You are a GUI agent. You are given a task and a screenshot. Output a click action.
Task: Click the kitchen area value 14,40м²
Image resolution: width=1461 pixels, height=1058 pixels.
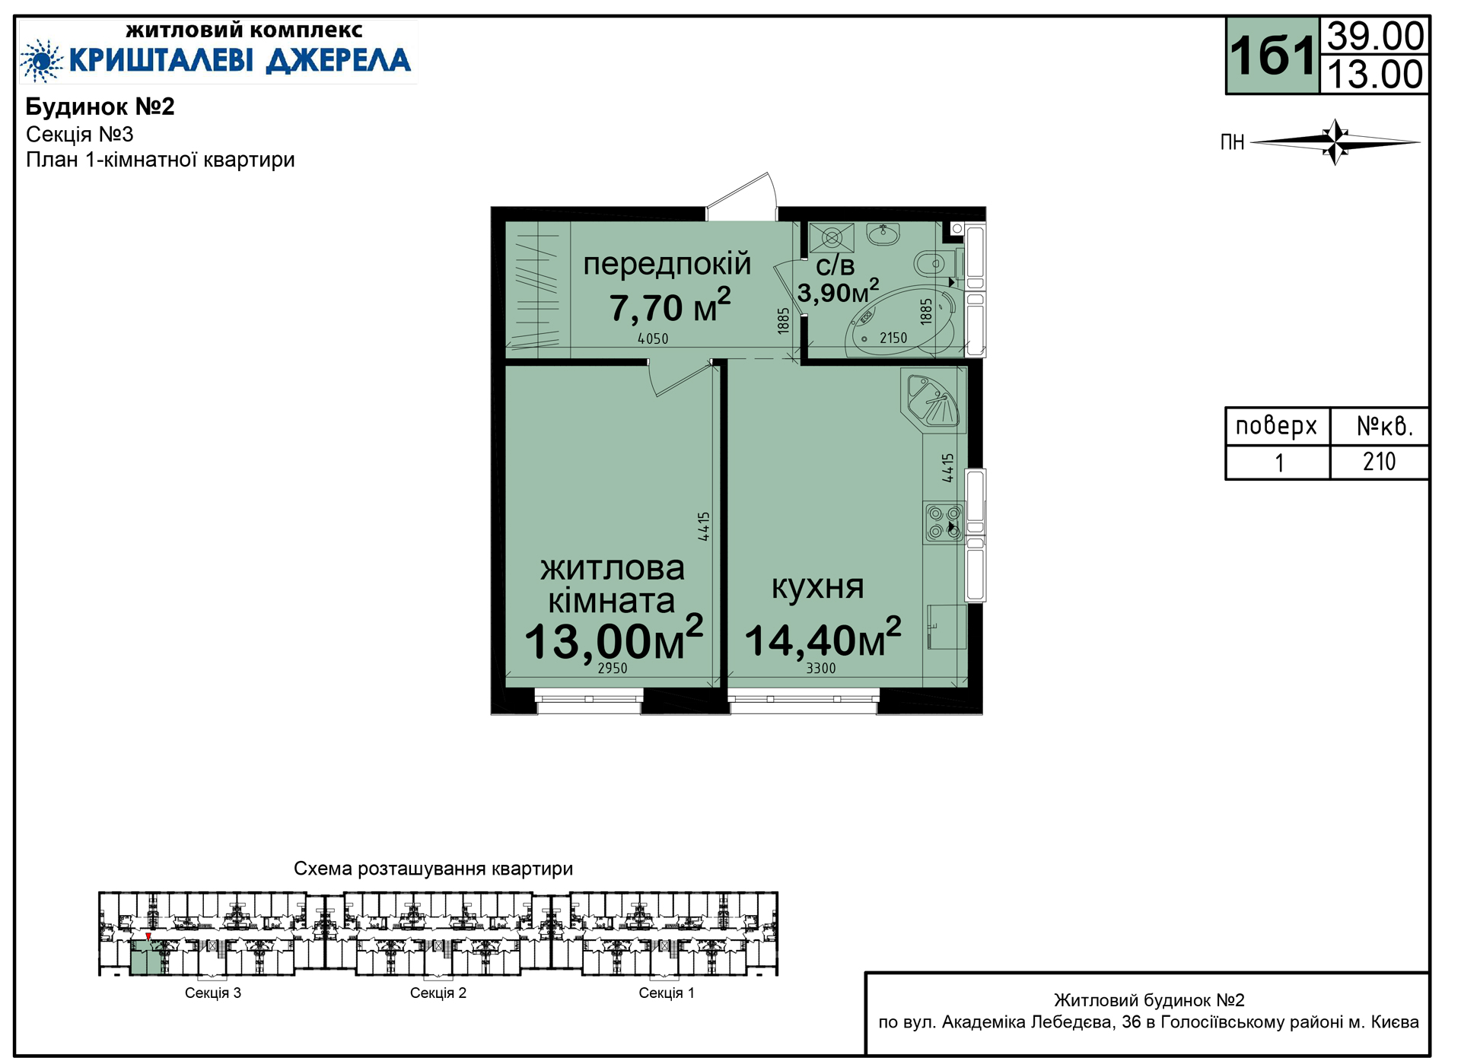click(823, 637)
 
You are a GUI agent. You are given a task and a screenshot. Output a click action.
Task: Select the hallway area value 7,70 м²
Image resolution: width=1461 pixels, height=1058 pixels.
click(670, 306)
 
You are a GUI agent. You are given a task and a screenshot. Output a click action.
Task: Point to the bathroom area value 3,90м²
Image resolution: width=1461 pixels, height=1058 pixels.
click(838, 291)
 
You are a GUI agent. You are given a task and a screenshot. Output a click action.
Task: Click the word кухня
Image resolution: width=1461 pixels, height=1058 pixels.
click(818, 587)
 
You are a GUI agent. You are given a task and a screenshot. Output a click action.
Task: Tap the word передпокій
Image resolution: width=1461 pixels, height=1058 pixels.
click(667, 264)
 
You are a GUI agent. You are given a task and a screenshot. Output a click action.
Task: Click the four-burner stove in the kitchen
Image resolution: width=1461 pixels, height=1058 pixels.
click(944, 523)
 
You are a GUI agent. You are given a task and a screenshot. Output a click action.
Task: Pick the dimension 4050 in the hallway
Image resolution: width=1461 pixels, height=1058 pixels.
click(653, 339)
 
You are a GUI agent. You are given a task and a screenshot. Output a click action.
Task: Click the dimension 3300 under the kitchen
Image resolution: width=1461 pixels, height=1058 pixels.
click(821, 669)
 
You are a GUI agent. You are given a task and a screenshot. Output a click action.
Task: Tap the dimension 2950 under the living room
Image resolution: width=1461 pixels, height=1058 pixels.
click(613, 669)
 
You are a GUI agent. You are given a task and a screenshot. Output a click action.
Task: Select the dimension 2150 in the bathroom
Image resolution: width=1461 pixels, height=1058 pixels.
click(893, 338)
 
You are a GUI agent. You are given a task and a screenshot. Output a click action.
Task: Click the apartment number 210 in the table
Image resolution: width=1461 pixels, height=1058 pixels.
click(1379, 462)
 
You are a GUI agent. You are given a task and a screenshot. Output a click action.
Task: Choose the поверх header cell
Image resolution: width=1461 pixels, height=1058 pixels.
click(1277, 426)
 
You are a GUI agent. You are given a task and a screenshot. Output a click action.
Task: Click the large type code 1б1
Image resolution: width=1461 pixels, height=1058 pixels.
click(1272, 56)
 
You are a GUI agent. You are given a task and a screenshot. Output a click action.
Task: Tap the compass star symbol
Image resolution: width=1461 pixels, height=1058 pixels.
click(1335, 141)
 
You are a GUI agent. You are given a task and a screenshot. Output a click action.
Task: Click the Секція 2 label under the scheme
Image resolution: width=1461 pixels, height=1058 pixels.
click(438, 993)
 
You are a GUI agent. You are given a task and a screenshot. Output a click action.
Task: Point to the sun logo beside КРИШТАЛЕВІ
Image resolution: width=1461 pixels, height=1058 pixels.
click(41, 60)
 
